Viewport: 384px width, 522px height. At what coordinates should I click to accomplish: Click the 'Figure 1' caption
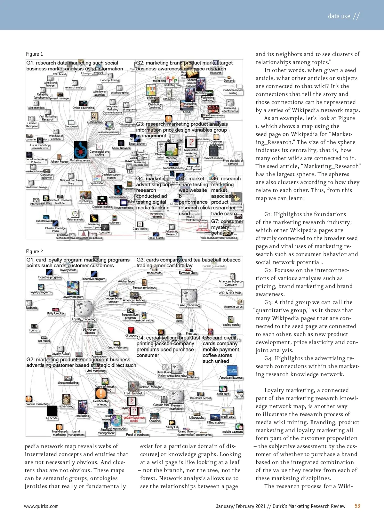(34, 54)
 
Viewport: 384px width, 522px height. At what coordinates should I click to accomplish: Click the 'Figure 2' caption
(34, 252)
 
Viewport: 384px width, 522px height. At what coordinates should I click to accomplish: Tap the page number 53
(357, 506)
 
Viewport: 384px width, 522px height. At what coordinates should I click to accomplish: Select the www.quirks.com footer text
(41, 506)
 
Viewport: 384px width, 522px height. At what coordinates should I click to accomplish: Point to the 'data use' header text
(339, 16)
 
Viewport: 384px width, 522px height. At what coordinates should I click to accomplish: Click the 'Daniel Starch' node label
(156, 238)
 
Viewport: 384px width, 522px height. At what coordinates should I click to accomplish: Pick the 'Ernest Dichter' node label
(137, 144)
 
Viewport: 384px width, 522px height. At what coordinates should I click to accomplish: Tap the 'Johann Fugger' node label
(59, 162)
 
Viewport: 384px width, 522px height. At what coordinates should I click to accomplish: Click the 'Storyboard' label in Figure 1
(71, 126)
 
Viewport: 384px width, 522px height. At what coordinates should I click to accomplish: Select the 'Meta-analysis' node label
(75, 220)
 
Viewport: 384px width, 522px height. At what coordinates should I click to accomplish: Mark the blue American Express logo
(232, 371)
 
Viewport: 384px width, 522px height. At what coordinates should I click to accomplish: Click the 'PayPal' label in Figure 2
(238, 396)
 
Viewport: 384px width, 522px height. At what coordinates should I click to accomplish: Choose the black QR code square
(52, 411)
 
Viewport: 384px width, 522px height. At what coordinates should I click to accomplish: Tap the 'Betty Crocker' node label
(55, 313)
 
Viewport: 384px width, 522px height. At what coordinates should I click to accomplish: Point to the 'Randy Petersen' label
(117, 347)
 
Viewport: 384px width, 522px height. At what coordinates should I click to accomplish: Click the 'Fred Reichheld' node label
(134, 393)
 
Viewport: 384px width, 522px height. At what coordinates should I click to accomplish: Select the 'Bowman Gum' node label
(188, 273)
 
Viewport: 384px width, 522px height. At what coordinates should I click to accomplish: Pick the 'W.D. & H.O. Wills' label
(230, 293)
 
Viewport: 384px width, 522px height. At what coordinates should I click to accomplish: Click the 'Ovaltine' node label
(155, 421)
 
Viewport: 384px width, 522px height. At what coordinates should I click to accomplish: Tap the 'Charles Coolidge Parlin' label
(55, 229)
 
